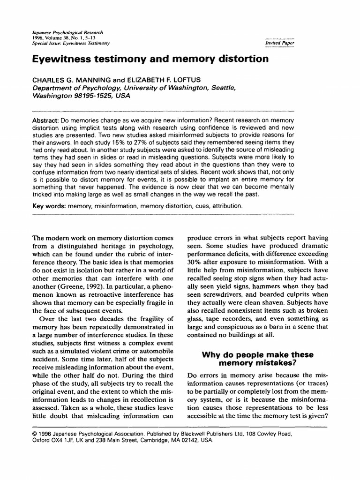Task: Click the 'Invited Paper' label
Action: (280, 43)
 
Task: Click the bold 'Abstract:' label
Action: (45, 120)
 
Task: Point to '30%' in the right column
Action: (195, 261)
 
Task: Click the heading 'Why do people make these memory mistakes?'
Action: (257, 359)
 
